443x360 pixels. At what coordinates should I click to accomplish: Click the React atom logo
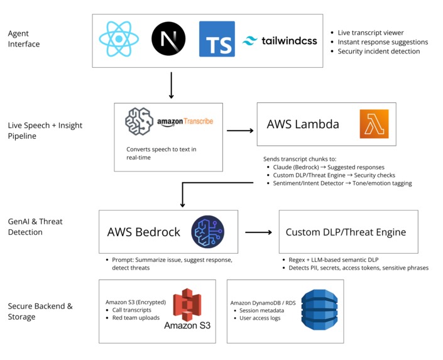point(119,40)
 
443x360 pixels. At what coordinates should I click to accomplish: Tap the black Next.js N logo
point(168,39)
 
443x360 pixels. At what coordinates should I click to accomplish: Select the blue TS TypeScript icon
point(217,39)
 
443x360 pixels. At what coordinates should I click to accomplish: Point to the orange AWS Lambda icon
point(374,124)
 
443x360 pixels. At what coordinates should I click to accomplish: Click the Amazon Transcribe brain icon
point(139,121)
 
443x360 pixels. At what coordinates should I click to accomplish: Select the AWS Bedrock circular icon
point(207,232)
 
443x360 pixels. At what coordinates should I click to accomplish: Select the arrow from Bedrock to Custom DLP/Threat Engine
point(258,232)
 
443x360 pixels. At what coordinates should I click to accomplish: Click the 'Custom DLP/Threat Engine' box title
point(346,232)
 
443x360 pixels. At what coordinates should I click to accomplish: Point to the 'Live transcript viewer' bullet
point(371,33)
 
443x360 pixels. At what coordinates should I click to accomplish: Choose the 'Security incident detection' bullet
point(378,52)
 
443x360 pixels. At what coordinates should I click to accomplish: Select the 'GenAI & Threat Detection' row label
point(35,227)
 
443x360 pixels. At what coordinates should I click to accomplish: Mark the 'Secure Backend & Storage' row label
point(40,312)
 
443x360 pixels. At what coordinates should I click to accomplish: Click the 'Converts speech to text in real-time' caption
point(161,153)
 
